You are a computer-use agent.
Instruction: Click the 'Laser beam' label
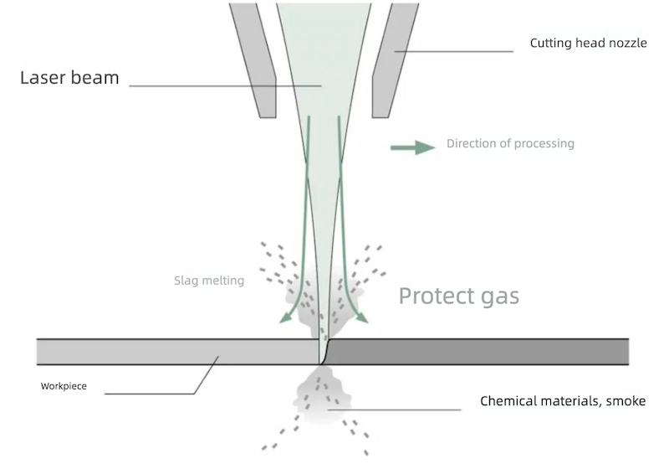[69, 79]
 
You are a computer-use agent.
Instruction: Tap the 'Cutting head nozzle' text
[588, 43]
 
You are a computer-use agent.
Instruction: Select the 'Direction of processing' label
[510, 143]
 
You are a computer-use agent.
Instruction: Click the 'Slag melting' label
[208, 281]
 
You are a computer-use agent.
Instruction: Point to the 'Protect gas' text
[458, 296]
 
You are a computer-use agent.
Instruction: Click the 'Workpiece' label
[64, 387]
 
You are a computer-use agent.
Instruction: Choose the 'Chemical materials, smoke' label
[562, 401]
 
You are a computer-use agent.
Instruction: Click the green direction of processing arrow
[412, 147]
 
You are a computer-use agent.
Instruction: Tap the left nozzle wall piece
[254, 59]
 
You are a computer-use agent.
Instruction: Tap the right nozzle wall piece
[393, 59]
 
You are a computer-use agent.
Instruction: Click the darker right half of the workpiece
[477, 352]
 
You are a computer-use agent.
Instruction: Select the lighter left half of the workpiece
[176, 352]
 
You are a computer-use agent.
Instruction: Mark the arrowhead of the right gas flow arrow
[363, 317]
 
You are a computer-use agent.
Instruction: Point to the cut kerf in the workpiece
[321, 353]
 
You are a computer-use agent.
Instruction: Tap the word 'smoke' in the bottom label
[626, 401]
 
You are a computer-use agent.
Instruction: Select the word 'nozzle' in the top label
[628, 43]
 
